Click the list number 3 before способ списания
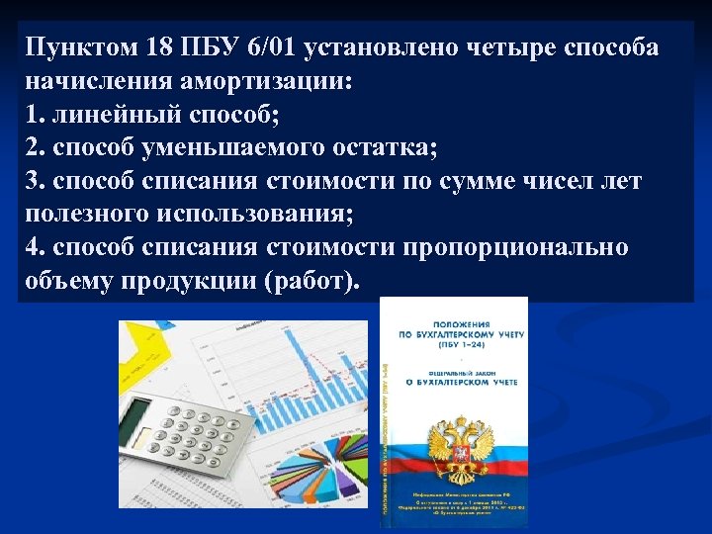click(34, 181)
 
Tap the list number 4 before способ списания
click(34, 247)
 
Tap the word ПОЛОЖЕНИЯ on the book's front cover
click(457, 324)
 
